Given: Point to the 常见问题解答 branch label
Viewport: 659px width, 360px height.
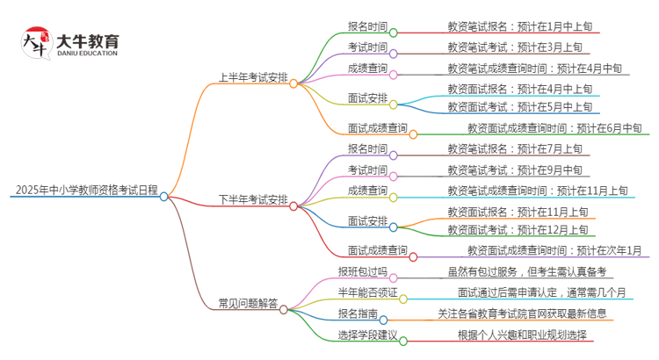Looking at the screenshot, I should (x=249, y=303).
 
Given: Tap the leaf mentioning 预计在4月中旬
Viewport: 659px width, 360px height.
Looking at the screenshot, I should (x=534, y=68).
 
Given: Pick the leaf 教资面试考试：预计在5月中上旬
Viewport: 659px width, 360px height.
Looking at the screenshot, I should (x=519, y=107).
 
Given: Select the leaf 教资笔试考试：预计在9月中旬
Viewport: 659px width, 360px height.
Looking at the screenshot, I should (x=513, y=169).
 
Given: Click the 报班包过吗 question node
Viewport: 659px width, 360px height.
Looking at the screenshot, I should (x=362, y=271).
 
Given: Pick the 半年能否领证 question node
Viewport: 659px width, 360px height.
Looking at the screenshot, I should (x=367, y=292).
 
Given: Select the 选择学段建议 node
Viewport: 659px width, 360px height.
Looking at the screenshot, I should (x=367, y=334).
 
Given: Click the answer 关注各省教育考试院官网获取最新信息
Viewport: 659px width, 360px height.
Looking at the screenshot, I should (x=522, y=313).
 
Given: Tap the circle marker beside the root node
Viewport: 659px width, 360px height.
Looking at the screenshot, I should (x=163, y=197).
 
